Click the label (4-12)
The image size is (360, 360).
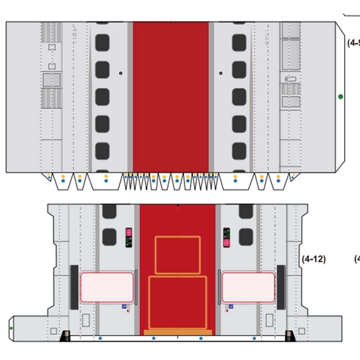[314, 259]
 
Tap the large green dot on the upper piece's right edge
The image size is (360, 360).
[340, 97]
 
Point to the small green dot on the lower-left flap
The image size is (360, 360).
[11, 328]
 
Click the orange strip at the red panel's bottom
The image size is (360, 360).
[178, 332]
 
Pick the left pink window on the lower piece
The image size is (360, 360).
[107, 287]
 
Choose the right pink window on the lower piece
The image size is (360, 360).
[248, 287]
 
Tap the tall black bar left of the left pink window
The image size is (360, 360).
[74, 287]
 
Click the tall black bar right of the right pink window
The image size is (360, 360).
[281, 287]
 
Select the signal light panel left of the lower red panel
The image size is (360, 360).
[129, 237]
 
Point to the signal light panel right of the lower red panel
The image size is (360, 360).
[227, 237]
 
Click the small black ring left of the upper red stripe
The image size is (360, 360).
[121, 73]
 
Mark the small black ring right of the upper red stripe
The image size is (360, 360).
[221, 73]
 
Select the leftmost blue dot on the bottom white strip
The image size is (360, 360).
[101, 338]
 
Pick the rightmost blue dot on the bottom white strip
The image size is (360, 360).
[254, 338]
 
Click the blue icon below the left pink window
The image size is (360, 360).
[124, 307]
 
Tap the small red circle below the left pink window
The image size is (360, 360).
[128, 311]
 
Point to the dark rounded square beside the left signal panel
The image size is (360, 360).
[109, 237]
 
